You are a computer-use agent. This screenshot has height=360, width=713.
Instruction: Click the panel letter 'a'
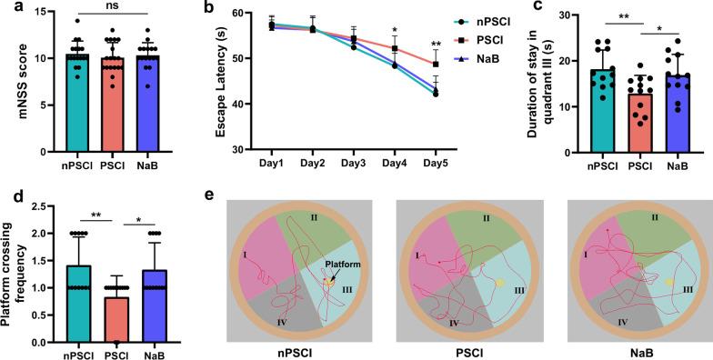[6, 8]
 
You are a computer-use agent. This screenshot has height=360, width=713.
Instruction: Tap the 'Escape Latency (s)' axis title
[220, 83]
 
